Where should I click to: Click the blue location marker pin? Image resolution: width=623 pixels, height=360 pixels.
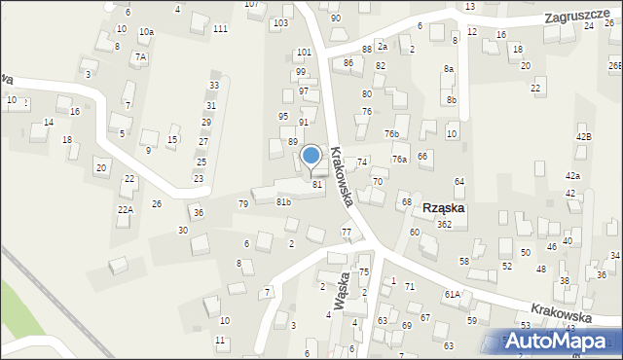[x=311, y=157]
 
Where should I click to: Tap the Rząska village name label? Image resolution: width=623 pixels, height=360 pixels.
[x=444, y=208]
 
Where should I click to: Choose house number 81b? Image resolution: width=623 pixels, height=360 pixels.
[x=283, y=201]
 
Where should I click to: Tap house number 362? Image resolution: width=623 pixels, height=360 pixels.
[x=444, y=225]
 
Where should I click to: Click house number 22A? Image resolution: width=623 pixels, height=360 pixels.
[x=126, y=209]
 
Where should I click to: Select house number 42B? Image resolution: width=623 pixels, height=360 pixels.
[x=583, y=137]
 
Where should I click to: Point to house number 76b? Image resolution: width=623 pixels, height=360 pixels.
[x=391, y=133]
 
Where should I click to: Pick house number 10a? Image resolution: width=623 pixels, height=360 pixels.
[x=146, y=32]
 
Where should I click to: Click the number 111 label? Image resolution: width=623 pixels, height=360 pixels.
[x=221, y=29]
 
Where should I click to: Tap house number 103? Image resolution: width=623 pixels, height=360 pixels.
[x=281, y=22]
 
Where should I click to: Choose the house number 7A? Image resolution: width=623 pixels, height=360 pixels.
[x=140, y=57]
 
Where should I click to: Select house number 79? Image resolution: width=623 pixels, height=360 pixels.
[x=243, y=204]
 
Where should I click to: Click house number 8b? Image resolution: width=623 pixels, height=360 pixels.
[x=452, y=99]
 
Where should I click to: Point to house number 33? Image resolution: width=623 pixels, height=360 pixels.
[x=213, y=86]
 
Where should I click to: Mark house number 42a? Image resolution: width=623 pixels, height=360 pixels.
[x=573, y=175]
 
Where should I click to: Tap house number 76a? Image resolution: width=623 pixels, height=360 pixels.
[x=399, y=159]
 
